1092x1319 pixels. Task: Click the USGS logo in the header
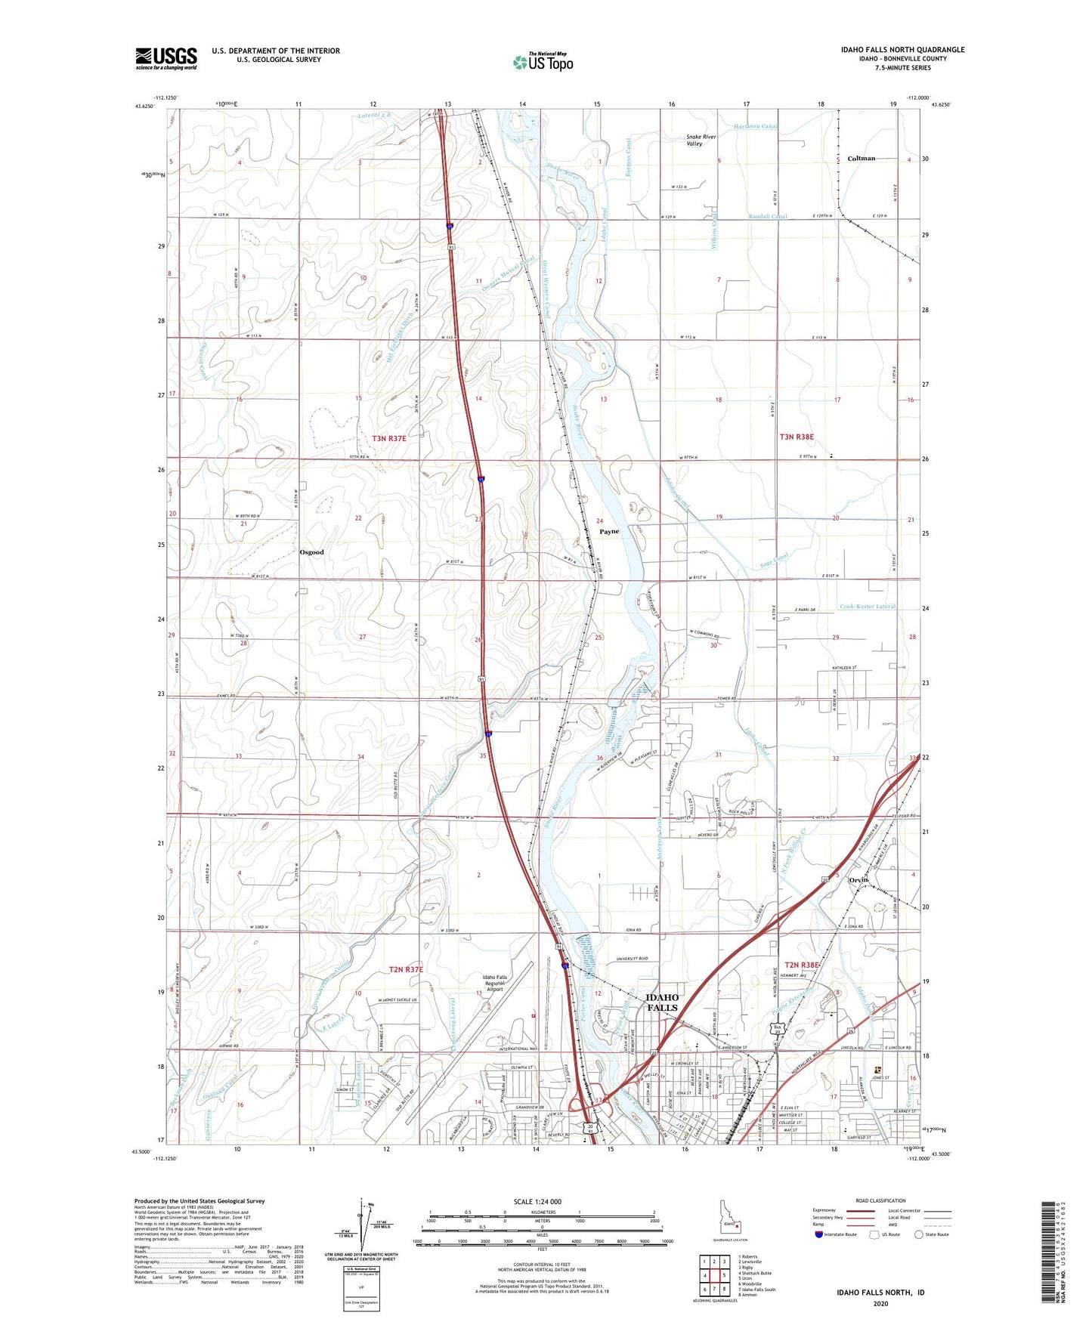(166, 57)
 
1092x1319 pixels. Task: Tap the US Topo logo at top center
(543, 61)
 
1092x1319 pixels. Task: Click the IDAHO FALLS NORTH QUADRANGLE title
(902, 50)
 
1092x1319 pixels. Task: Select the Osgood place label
(311, 552)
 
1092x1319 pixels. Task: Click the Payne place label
(609, 532)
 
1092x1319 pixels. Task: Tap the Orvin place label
(858, 880)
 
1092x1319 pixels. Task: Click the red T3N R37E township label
(388, 438)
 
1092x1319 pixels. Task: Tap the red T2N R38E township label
(801, 965)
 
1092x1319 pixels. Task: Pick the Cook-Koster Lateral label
(868, 607)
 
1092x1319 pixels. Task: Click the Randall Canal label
(768, 217)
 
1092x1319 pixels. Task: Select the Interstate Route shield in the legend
(819, 1234)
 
